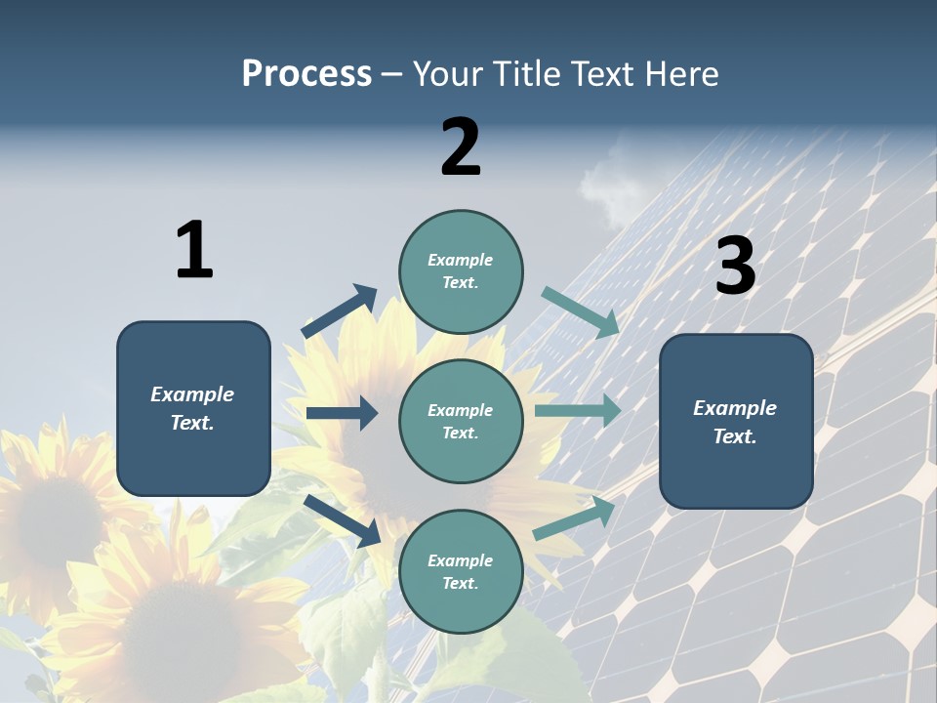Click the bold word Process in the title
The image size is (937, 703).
306,74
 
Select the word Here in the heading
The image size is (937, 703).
680,74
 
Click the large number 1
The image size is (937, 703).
194,250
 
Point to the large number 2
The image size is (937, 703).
461,146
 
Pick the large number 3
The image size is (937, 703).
735,266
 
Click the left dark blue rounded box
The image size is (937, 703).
193,408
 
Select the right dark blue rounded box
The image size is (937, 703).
736,422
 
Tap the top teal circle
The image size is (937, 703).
461,271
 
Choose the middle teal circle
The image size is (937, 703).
461,422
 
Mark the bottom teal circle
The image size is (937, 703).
461,572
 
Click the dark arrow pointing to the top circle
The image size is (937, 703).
340,311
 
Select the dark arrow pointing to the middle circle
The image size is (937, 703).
342,413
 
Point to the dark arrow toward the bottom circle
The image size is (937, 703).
343,520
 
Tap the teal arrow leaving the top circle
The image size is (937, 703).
581,311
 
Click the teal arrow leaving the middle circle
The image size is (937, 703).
578,411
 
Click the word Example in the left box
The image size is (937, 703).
192,394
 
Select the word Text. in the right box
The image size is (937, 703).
735,436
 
